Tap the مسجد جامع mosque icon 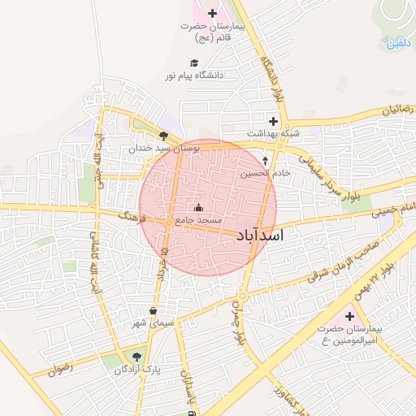(x=199, y=207)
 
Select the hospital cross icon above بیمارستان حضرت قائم (x=213, y=13)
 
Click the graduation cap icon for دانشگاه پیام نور (x=193, y=63)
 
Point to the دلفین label (x=396, y=43)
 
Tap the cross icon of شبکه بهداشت (x=274, y=120)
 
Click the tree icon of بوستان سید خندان (x=163, y=136)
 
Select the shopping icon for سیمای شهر (x=153, y=310)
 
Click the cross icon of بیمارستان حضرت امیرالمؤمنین (x=350, y=316)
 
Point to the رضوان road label (x=60, y=368)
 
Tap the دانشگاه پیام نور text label (x=194, y=75)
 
